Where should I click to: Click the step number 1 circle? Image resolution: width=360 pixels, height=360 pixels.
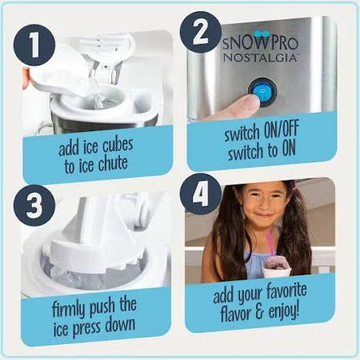point(34,45)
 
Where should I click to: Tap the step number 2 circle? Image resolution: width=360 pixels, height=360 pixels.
point(201,32)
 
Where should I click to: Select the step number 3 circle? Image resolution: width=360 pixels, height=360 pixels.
point(34,206)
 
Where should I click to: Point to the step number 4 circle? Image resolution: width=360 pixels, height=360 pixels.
point(201,194)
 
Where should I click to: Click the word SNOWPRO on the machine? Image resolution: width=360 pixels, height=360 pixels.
point(260,43)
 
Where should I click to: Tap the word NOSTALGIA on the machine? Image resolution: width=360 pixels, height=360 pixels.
point(260,58)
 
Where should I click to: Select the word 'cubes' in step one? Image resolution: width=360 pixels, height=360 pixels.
point(118,146)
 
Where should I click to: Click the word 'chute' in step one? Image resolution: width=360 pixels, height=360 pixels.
point(113,164)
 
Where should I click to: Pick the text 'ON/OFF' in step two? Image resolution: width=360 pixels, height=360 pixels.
point(282,129)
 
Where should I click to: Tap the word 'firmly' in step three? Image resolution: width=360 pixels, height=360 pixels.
point(70,309)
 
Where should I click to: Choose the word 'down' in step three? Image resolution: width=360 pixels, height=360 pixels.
point(120,325)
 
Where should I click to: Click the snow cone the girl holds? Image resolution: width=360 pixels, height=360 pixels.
point(277,266)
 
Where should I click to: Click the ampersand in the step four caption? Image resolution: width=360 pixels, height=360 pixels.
point(259,312)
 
